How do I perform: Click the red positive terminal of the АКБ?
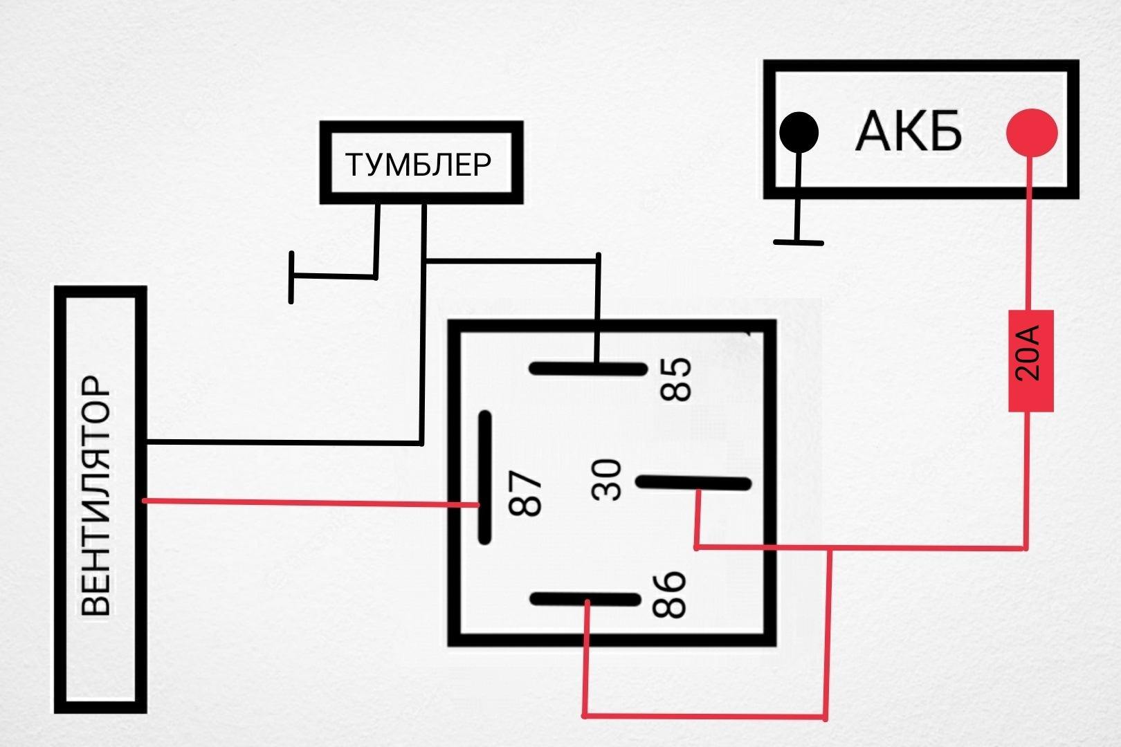(1032, 133)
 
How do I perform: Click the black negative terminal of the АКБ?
(799, 132)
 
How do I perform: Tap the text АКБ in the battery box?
(909, 131)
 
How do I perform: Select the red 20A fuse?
(1031, 361)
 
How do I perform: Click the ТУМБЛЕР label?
(419, 165)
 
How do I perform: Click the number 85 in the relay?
(675, 379)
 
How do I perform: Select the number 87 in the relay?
(525, 493)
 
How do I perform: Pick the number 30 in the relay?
(606, 480)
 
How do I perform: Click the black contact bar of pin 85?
(588, 369)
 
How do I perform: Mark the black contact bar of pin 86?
(585, 599)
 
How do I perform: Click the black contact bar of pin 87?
(484, 477)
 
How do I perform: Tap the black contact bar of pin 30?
(693, 483)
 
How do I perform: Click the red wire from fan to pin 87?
(310, 502)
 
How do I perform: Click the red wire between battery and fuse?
(1030, 233)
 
